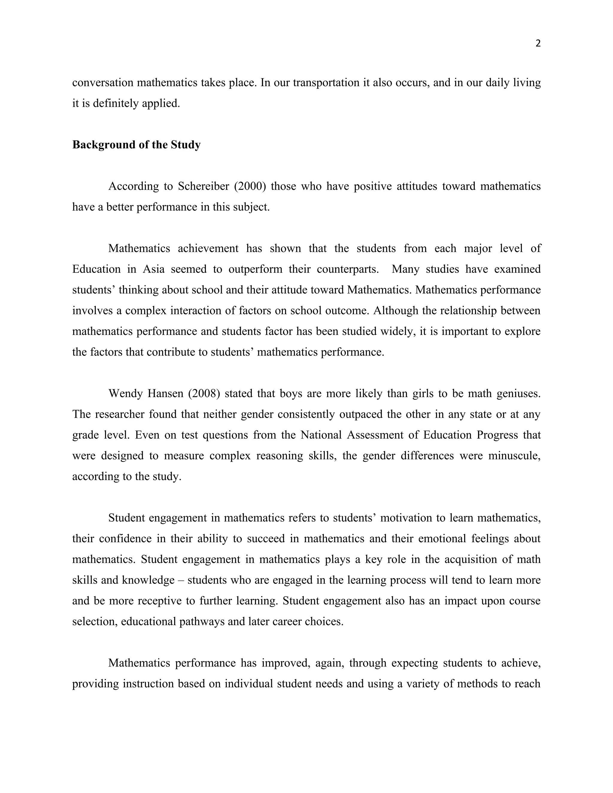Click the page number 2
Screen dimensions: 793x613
(x=538, y=44)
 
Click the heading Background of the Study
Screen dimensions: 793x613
(x=136, y=145)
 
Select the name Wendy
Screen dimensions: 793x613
(x=126, y=394)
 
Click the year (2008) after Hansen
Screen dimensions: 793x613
(x=204, y=394)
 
